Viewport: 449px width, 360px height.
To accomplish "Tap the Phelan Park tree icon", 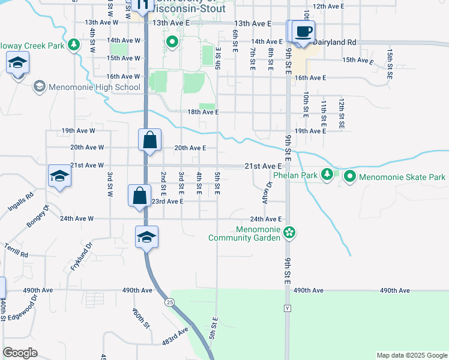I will pos(327,175).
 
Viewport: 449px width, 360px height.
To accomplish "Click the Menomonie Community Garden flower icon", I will pos(289,232).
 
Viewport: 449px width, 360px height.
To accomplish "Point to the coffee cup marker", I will pos(304,31).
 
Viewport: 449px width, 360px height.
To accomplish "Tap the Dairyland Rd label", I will pos(335,43).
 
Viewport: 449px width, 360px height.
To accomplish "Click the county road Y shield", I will pos(287,308).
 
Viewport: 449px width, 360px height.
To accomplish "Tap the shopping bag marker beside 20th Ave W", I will pos(149,140).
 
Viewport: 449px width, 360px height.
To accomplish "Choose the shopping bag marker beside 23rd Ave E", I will pos(139,196).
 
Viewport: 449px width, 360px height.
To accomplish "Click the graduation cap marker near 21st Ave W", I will pos(60,176).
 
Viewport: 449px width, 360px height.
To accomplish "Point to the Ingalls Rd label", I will pos(22,200).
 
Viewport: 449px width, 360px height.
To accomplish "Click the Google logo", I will pos(20,353).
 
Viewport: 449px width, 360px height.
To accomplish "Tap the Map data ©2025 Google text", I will pos(411,355).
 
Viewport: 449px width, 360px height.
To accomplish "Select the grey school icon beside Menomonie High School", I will pos(39,87).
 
